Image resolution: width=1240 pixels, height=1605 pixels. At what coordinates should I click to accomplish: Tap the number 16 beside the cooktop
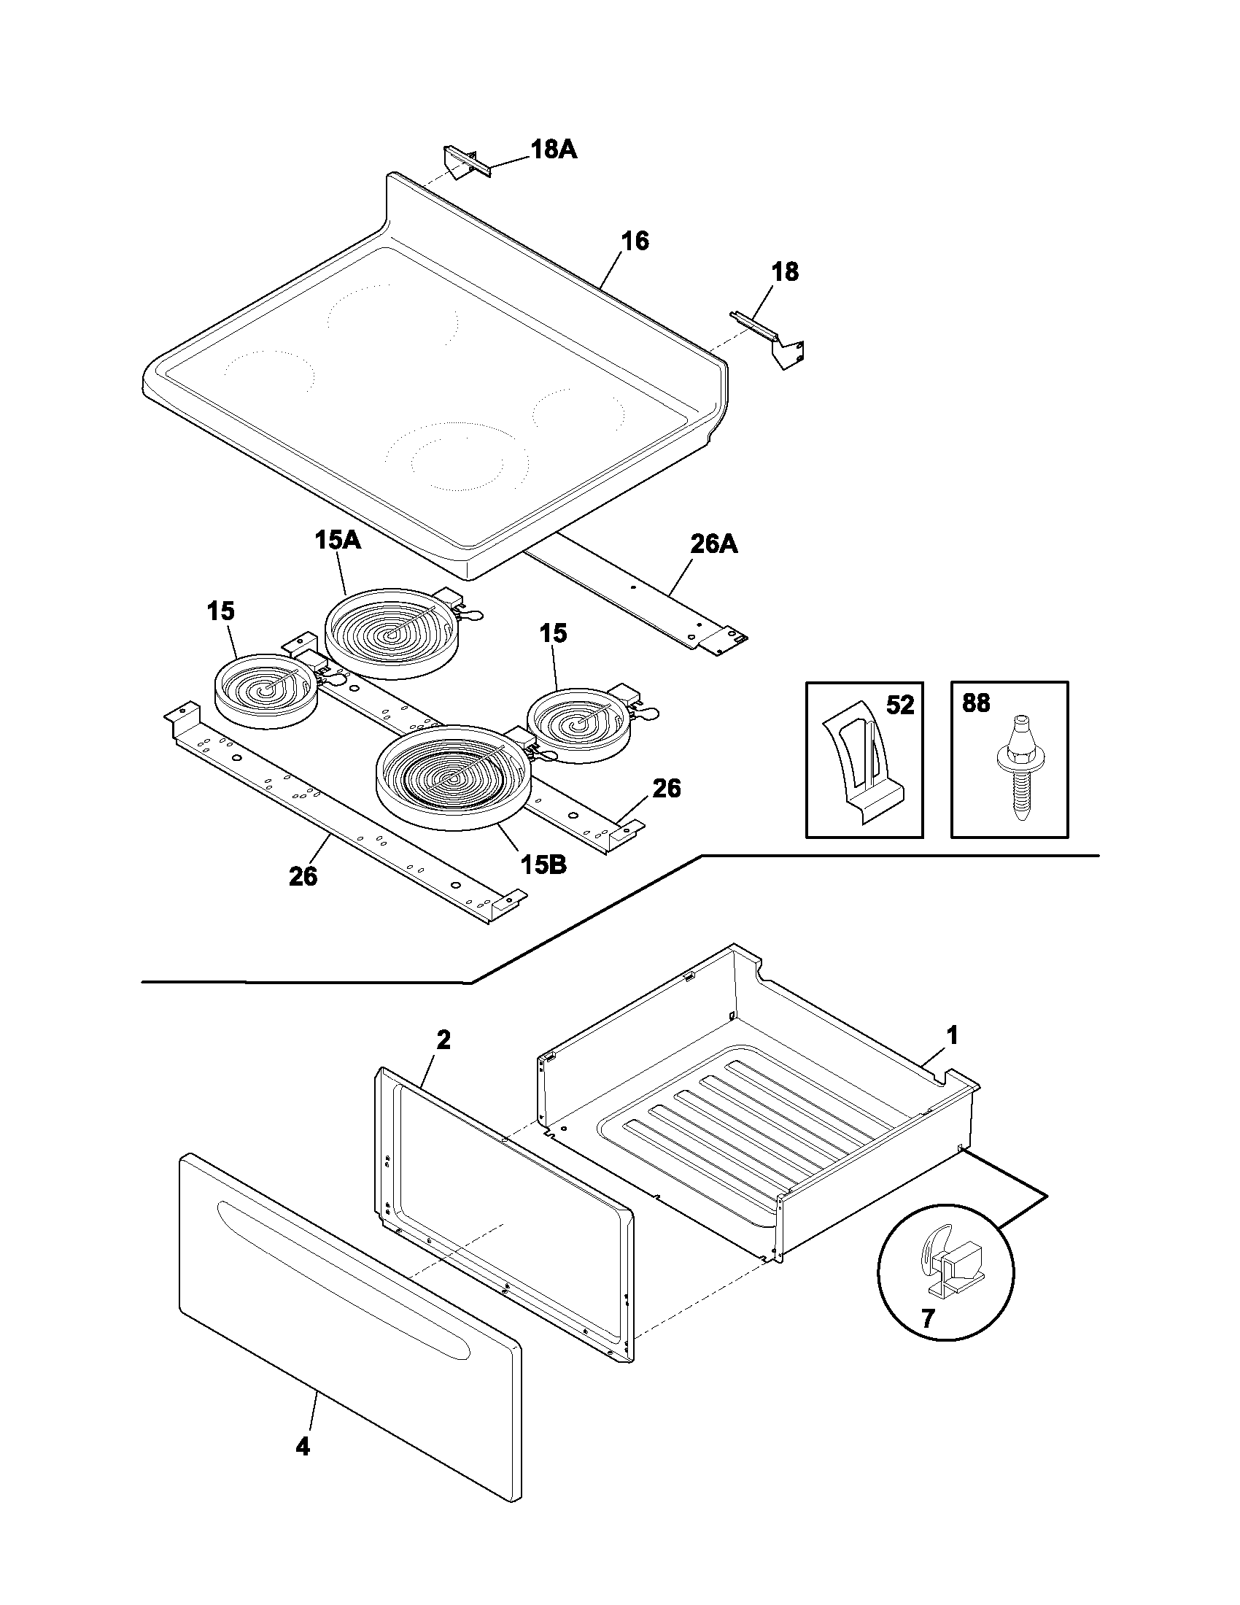coord(635,241)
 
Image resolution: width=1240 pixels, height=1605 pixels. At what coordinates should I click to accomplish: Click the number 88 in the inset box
coord(975,703)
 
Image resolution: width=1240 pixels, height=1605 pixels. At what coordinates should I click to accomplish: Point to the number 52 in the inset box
coord(899,705)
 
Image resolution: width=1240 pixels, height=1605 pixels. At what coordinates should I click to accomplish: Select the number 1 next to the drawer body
coord(951,1036)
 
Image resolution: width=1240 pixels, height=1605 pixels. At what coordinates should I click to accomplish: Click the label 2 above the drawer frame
coord(443,1040)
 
